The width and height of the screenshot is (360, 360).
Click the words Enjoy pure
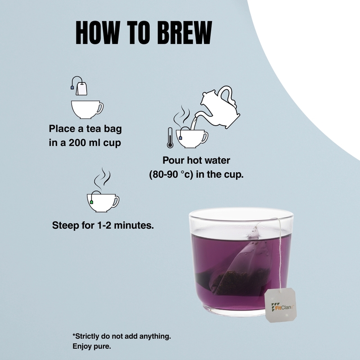tap(91, 346)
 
